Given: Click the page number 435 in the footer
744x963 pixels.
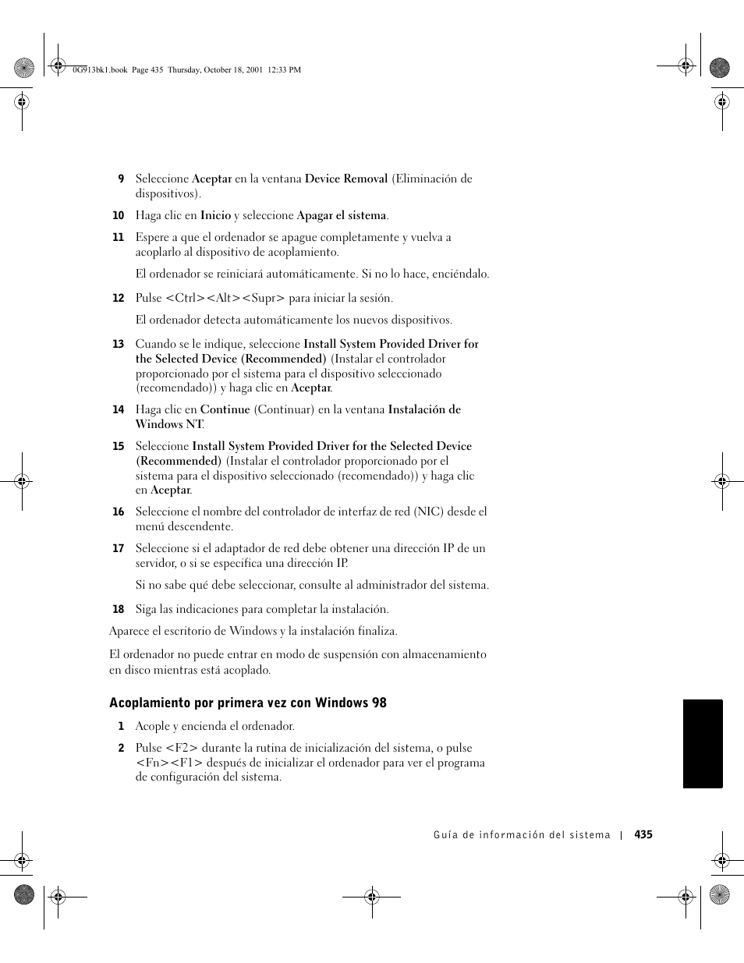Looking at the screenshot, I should tap(643, 834).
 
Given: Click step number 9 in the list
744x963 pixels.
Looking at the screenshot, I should tap(121, 179).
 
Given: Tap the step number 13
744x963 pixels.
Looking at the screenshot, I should tap(119, 345).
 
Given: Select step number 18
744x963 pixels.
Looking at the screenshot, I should tap(119, 610).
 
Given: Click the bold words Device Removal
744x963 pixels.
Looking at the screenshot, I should tap(346, 179).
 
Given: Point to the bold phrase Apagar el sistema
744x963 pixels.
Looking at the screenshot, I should tap(341, 215).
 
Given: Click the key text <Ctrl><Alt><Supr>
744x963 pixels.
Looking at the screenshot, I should tap(225, 298).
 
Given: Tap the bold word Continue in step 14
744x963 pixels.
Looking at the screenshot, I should tap(225, 409).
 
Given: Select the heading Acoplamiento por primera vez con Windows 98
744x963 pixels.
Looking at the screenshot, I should tap(248, 703).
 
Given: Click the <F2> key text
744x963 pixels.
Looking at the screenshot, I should tap(182, 748).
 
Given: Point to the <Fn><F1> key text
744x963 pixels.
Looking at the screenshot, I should tap(169, 763).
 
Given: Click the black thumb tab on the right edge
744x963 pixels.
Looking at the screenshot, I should tap(703, 744).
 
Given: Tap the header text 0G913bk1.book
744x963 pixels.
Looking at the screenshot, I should tap(99, 69).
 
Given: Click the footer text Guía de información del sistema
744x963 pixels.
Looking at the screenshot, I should tap(522, 835).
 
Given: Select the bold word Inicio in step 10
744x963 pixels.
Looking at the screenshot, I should tap(215, 215).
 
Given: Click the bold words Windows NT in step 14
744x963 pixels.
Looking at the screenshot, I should tap(168, 424).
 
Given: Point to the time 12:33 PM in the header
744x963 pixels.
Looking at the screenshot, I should tap(284, 69).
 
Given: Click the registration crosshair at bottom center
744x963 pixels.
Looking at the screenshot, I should tap(372, 898).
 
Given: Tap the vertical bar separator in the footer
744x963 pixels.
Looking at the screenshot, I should tap(622, 835).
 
